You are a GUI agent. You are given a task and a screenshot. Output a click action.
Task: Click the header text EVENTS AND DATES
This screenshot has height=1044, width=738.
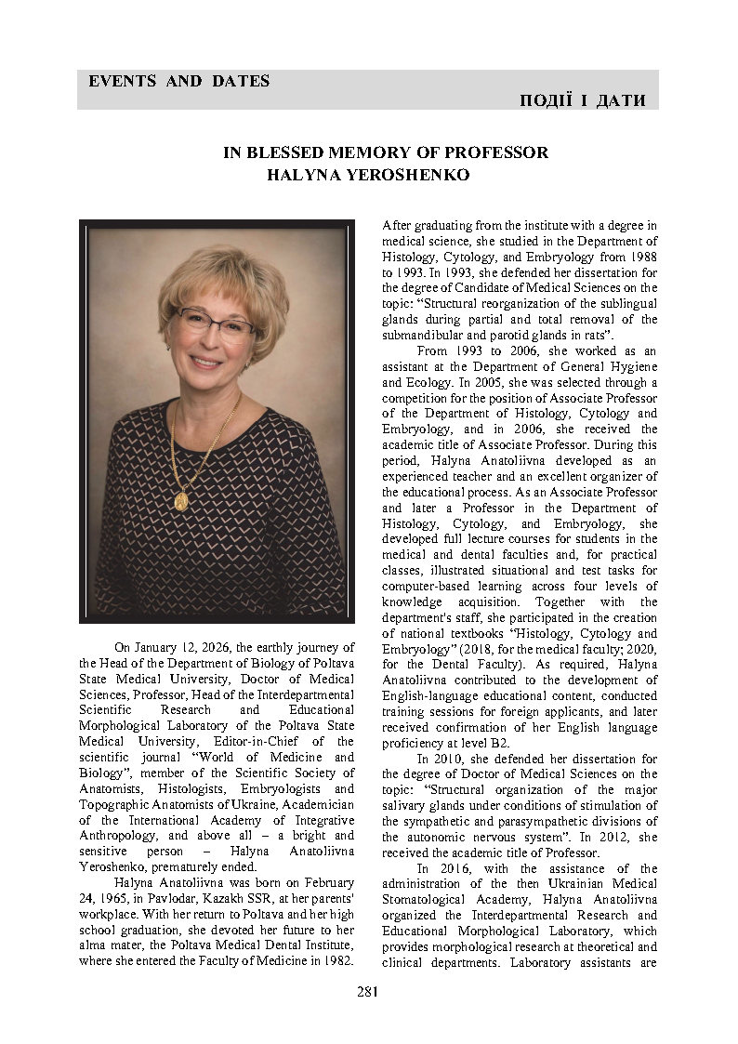(x=178, y=81)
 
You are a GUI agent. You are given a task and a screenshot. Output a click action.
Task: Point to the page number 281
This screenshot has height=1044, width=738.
(x=367, y=992)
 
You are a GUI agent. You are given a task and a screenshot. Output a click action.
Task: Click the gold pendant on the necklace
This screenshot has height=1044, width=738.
(x=181, y=500)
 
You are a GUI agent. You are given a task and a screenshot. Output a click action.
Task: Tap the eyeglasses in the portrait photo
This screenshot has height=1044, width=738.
(x=212, y=324)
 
